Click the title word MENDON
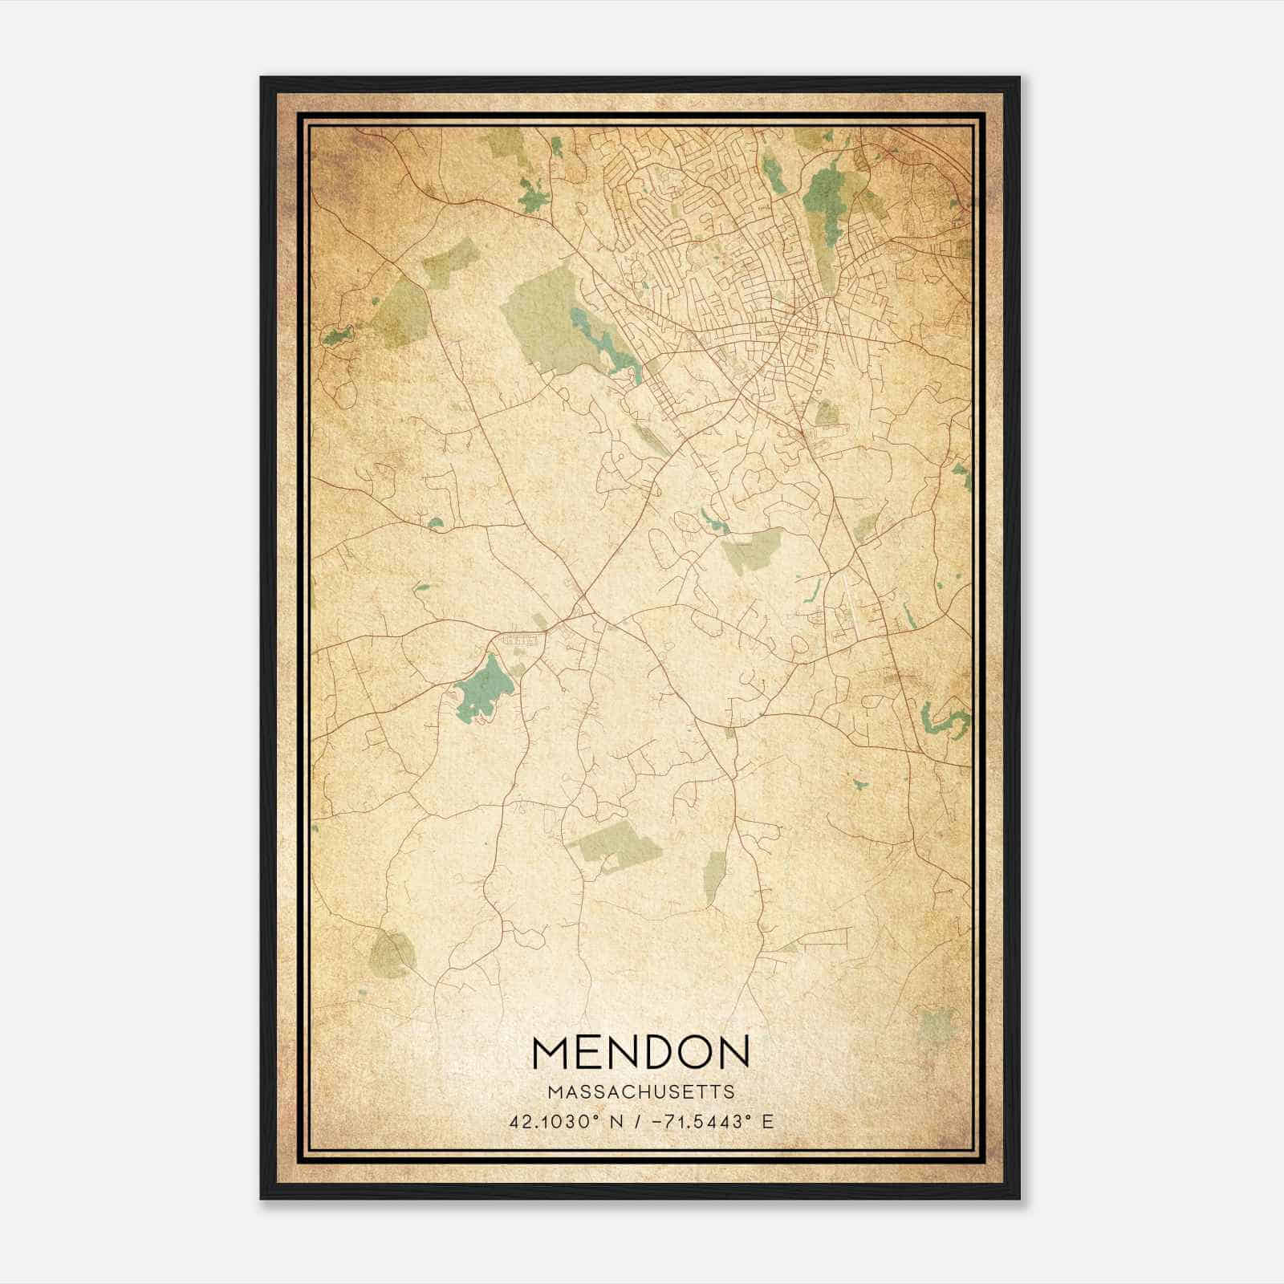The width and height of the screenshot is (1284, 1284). pyautogui.click(x=641, y=1052)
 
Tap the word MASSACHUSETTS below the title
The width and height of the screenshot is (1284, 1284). pyautogui.click(x=641, y=1092)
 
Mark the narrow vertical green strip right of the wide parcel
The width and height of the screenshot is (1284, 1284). pyautogui.click(x=713, y=876)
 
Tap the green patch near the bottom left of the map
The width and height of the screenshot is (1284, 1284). pyautogui.click(x=392, y=954)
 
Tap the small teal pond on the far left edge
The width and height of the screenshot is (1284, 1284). pyautogui.click(x=337, y=336)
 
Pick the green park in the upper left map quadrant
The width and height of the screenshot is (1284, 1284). pyautogui.click(x=399, y=313)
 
